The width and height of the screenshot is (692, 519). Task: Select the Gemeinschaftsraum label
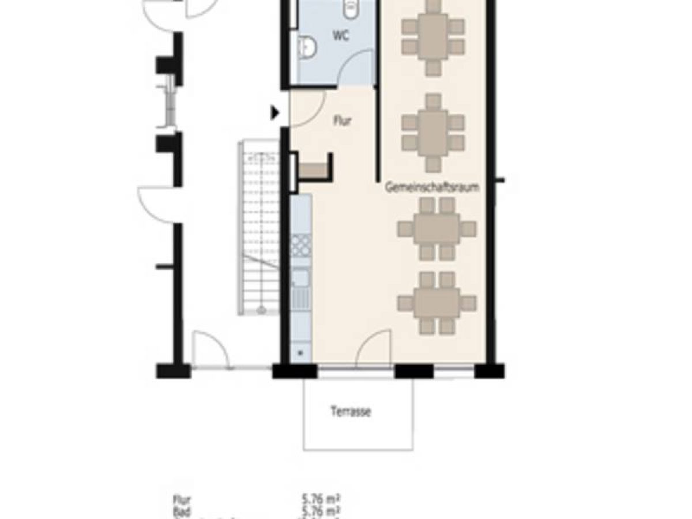[x=432, y=187]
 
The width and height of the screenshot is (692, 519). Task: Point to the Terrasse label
[x=351, y=412]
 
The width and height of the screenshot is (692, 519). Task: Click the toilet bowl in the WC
[x=351, y=7]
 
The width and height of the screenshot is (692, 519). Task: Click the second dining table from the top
[x=433, y=132]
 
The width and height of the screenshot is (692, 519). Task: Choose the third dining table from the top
[x=437, y=229]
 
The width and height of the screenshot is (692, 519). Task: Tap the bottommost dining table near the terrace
[x=437, y=303]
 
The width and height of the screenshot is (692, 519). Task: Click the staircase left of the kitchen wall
[x=259, y=228]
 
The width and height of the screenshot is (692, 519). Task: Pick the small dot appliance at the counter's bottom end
[x=300, y=350]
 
